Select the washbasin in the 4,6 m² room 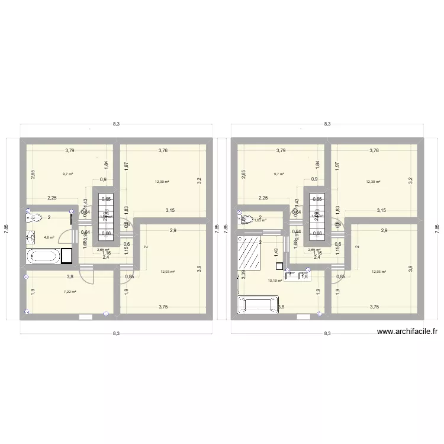[x=30, y=238]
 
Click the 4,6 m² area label [x=49, y=237]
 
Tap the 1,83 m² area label [x=260, y=220]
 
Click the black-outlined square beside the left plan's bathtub [x=67, y=256]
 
